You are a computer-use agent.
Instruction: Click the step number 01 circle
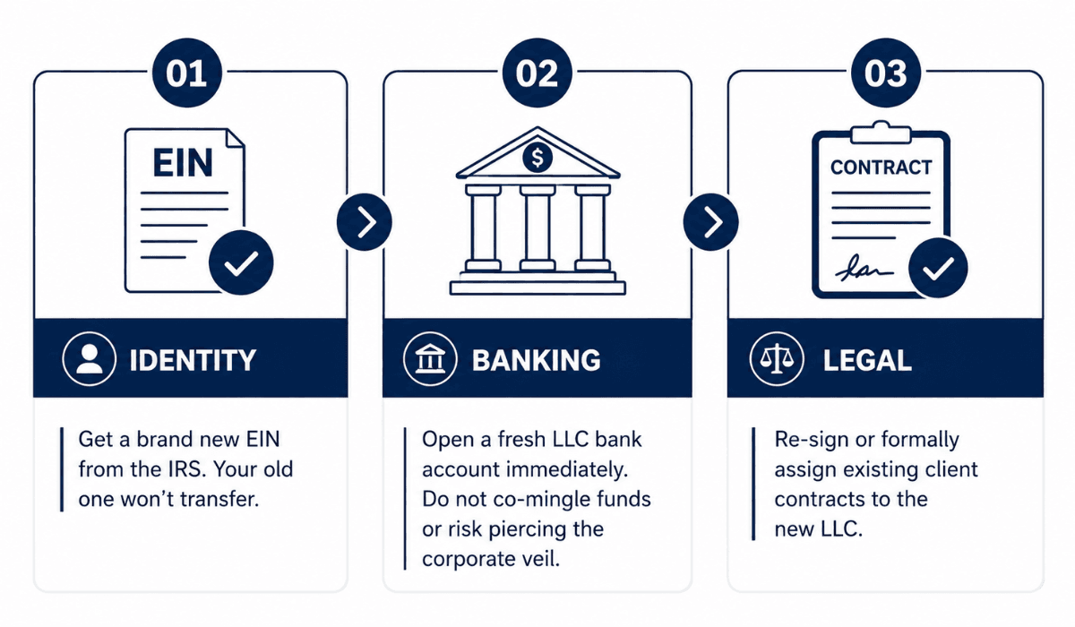pos(186,73)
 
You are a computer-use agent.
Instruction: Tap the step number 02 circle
pos(537,73)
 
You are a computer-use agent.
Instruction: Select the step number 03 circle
pos(886,73)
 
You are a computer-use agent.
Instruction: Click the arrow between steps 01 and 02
pos(365,222)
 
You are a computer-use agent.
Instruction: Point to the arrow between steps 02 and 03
pos(710,222)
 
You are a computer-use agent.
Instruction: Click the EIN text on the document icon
pos(183,163)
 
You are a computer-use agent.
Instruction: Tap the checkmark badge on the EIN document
pos(241,262)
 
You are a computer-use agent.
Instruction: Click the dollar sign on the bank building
pos(537,158)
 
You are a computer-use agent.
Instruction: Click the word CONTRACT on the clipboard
pos(881,167)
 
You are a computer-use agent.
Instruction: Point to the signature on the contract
pos(864,269)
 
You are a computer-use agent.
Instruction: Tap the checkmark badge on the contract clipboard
pos(938,268)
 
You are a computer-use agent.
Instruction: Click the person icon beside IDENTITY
pos(90,359)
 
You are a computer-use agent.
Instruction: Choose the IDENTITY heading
pos(193,360)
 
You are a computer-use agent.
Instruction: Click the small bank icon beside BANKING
pos(431,359)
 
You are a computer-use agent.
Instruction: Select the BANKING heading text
pos(536,360)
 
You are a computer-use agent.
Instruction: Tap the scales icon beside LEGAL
pos(777,359)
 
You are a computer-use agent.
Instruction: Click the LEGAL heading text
pos(867,360)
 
